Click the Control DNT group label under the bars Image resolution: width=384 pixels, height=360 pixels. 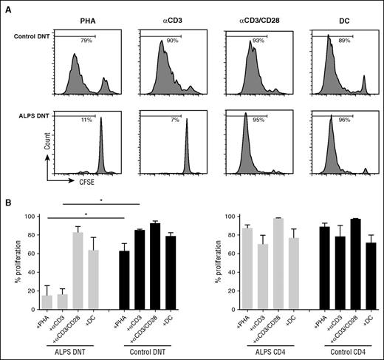point(139,351)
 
